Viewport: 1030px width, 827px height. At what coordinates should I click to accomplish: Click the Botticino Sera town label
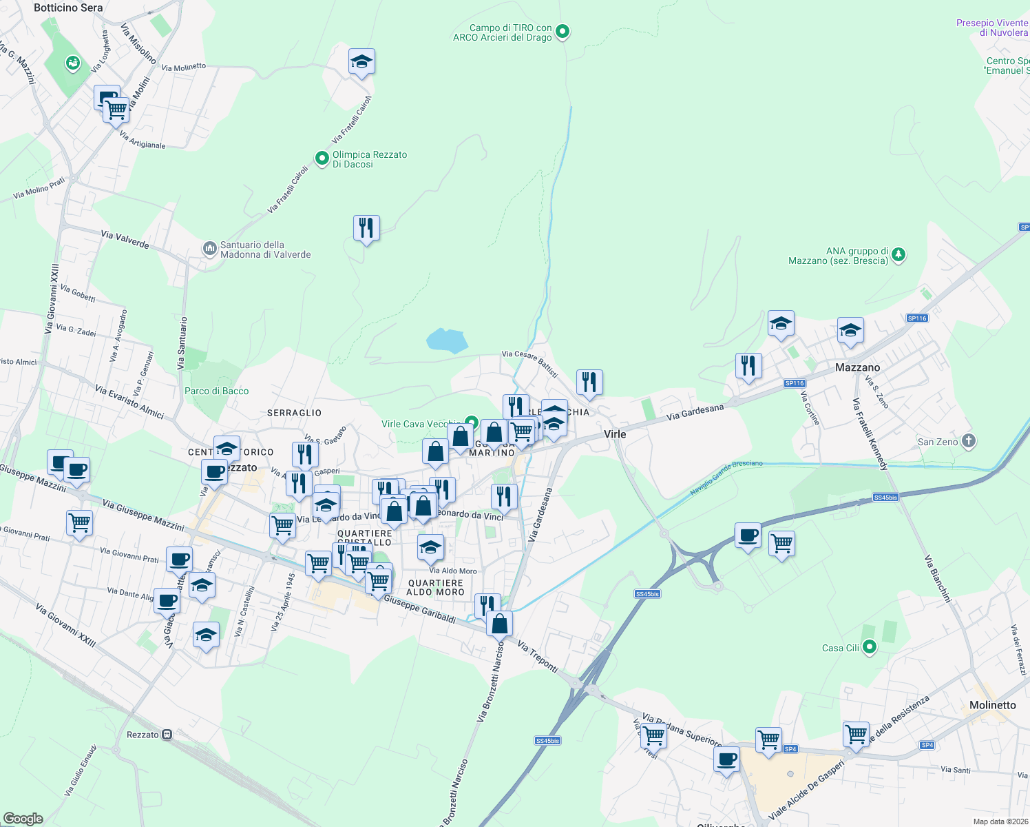click(x=68, y=8)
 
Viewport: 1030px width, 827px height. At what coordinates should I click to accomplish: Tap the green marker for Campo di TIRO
click(x=563, y=31)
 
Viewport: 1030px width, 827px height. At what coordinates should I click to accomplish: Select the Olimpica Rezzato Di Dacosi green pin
click(x=322, y=159)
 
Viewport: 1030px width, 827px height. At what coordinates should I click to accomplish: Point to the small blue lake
click(x=447, y=340)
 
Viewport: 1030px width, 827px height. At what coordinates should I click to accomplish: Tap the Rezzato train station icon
click(x=167, y=735)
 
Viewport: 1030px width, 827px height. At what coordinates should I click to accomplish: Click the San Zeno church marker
click(x=968, y=441)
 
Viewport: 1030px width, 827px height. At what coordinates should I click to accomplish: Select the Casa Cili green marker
click(x=870, y=647)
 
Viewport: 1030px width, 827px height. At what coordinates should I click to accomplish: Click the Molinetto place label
click(x=992, y=705)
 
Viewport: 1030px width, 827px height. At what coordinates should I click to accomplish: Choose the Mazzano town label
click(x=857, y=367)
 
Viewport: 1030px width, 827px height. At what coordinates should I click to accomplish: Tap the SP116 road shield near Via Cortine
click(x=795, y=383)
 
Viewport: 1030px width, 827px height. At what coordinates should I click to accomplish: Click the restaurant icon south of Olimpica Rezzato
click(x=366, y=227)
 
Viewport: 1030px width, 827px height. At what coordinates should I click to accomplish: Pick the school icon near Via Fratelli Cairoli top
click(x=361, y=62)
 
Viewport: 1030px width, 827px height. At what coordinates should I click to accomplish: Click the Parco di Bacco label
click(x=216, y=391)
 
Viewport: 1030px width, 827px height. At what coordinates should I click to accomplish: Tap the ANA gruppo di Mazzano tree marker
click(x=898, y=255)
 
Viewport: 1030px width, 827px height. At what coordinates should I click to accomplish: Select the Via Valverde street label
click(x=125, y=239)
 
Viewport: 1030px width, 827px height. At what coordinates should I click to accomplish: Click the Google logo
click(x=23, y=818)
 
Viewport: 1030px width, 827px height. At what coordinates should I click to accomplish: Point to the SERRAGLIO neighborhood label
click(x=294, y=413)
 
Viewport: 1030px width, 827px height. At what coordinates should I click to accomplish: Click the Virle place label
click(x=614, y=433)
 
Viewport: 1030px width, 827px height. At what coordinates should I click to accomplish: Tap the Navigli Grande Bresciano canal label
click(x=726, y=478)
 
